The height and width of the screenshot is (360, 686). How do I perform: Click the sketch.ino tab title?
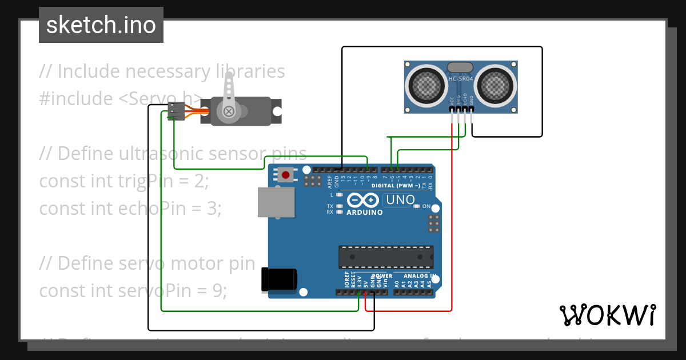(x=101, y=25)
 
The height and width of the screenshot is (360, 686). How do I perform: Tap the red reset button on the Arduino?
(x=285, y=175)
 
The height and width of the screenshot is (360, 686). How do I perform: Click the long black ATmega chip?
(x=385, y=257)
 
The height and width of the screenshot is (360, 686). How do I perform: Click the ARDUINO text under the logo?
(x=364, y=212)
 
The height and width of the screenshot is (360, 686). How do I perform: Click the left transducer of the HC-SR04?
(x=426, y=86)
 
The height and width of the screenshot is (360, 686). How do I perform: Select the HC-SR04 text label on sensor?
(x=461, y=79)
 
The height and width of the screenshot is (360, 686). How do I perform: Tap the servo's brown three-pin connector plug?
(x=177, y=111)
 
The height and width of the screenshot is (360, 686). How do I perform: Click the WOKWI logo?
(x=607, y=315)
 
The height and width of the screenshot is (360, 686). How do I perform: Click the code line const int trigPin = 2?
(x=124, y=181)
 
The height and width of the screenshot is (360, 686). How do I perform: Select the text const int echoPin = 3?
(x=130, y=209)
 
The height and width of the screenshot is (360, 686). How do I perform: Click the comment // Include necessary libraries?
(x=162, y=71)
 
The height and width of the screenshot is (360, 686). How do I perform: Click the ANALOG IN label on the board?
(x=423, y=276)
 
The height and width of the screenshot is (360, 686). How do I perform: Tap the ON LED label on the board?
(x=426, y=206)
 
